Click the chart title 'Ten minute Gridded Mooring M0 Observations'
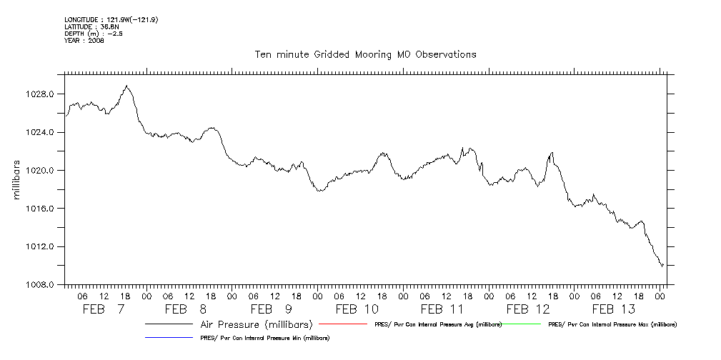click(365, 54)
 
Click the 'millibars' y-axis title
click(16, 180)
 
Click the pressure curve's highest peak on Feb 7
click(126, 86)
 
